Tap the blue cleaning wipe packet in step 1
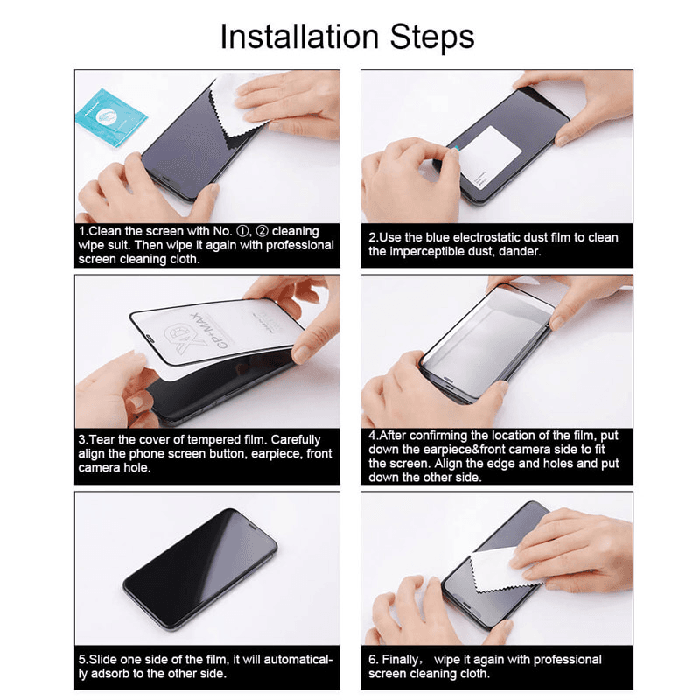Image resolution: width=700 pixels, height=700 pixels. [108, 116]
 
